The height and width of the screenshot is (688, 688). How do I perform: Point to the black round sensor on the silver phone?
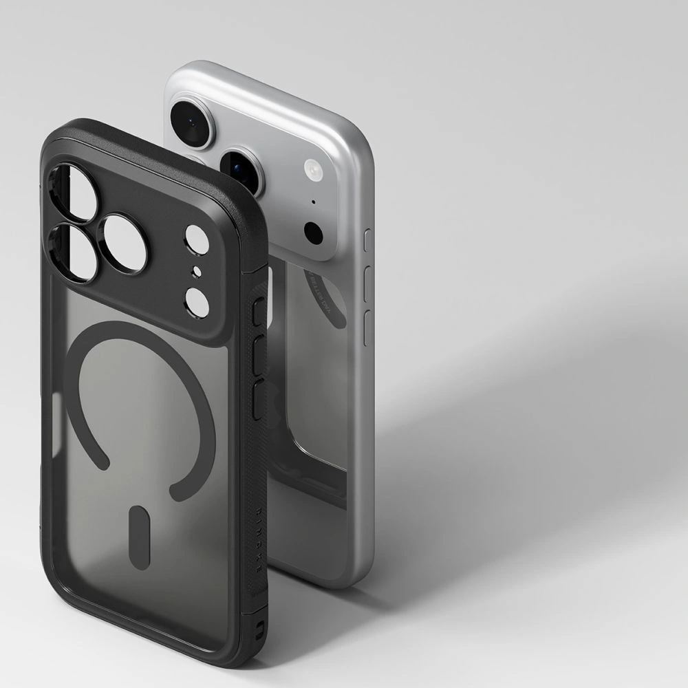[x=314, y=233]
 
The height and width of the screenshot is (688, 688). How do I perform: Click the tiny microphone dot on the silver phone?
[x=314, y=202]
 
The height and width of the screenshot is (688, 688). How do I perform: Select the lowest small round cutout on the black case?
[x=197, y=302]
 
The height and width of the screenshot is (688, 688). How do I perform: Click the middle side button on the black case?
[x=259, y=356]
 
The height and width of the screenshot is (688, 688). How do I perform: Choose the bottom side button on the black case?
[x=259, y=400]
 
